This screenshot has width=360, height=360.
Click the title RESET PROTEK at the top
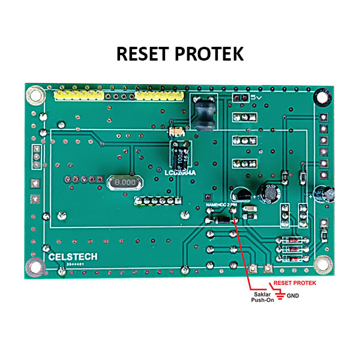point(180,53)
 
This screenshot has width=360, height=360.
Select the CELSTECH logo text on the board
point(73,256)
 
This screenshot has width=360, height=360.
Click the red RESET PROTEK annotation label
point(295,282)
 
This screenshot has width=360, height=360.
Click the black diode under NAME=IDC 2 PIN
point(220,220)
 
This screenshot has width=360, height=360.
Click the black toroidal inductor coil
point(203,111)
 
